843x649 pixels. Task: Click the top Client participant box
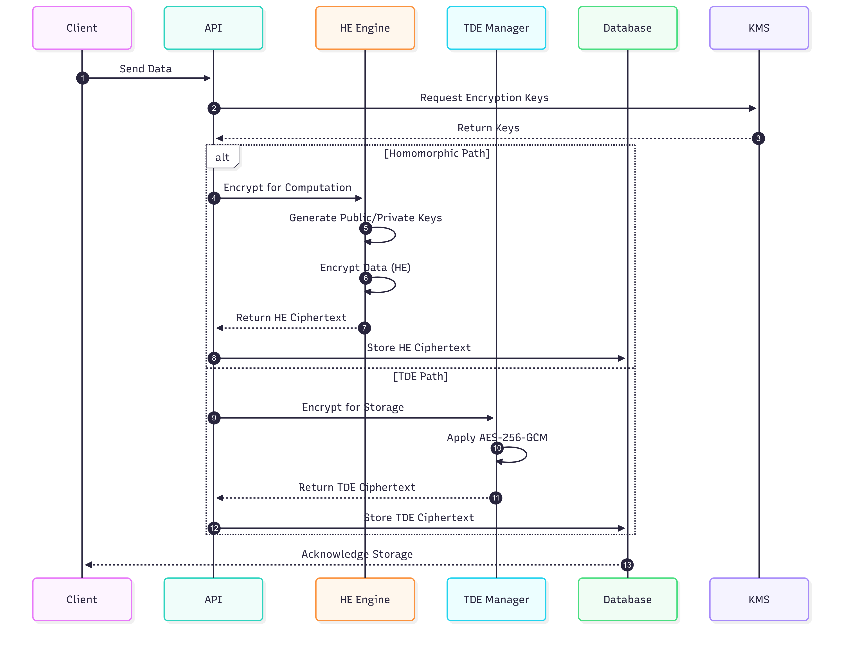pos(82,28)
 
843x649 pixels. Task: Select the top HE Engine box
pos(365,28)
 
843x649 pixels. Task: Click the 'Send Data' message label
pos(146,69)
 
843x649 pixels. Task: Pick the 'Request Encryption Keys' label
pos(484,98)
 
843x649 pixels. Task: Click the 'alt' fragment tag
pos(222,157)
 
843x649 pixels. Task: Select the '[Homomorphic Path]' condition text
pos(437,153)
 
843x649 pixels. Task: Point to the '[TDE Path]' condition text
pos(420,376)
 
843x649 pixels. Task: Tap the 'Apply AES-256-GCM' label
pos(497,437)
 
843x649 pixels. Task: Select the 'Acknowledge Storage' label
pos(357,554)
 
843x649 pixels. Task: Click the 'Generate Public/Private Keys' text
pos(365,218)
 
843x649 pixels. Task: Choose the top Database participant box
pos(627,28)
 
